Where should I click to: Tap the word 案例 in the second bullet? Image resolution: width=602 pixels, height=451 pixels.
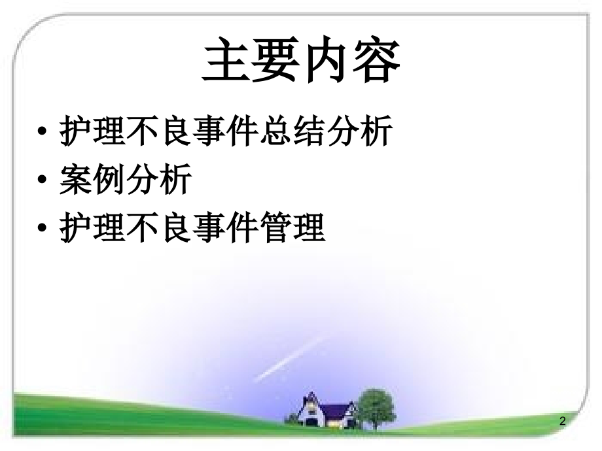pos(92,180)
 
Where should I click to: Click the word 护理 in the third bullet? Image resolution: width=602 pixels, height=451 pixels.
pos(92,229)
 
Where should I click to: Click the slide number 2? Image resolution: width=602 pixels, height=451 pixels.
pos(562,422)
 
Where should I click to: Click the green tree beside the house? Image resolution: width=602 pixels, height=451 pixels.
pos(378,405)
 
